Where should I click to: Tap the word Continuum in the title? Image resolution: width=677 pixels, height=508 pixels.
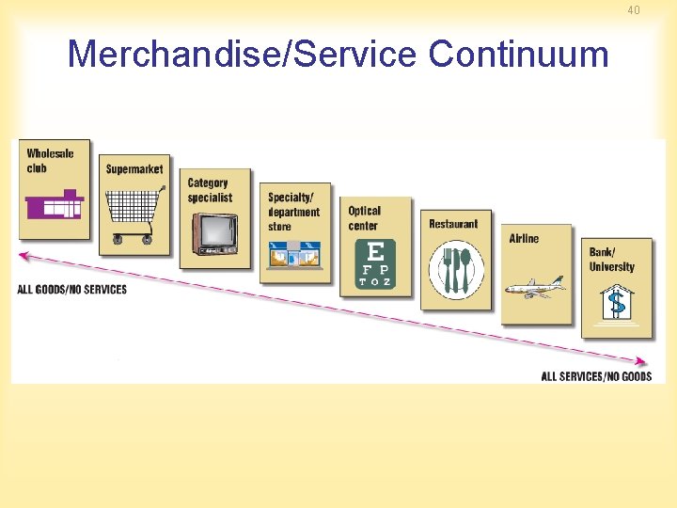(519, 55)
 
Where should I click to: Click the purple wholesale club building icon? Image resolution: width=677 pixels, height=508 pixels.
(55, 204)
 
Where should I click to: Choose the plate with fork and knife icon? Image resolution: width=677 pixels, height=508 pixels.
(456, 271)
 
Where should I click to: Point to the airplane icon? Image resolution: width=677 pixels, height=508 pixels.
(535, 287)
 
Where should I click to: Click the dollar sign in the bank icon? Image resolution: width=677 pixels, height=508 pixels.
(617, 303)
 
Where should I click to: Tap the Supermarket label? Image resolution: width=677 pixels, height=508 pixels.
(134, 169)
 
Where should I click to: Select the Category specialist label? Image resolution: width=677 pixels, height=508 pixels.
(209, 190)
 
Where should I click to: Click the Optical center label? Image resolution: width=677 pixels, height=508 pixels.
(365, 218)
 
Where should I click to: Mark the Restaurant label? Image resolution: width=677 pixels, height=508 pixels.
(453, 224)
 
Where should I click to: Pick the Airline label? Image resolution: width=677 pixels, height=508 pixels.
(525, 238)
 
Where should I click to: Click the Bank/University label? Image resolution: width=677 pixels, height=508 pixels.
(612, 259)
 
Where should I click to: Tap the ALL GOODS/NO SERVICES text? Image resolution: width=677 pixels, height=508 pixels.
(71, 289)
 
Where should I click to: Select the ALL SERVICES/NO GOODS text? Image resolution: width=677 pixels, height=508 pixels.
(596, 376)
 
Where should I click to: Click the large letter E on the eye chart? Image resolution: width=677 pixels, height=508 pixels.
(375, 251)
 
